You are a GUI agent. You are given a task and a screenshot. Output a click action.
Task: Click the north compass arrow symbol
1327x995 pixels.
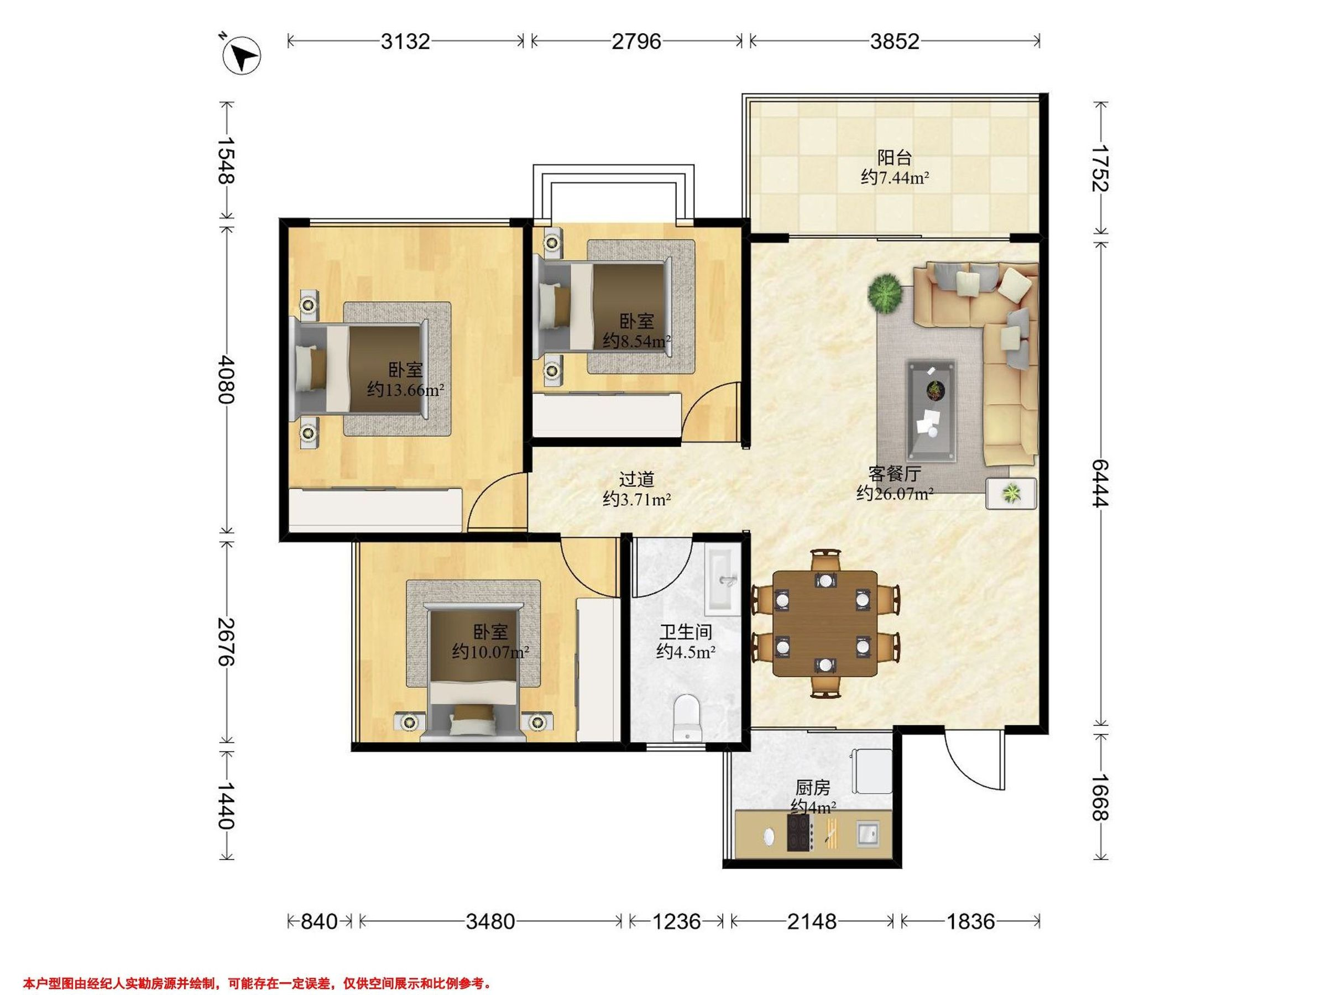click(x=241, y=56)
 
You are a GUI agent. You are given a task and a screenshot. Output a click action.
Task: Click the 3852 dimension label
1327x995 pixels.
click(x=895, y=41)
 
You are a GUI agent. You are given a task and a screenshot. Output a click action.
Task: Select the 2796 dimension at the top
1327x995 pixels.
click(x=636, y=41)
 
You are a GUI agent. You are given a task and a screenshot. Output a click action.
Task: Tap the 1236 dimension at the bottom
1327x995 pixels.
click(x=677, y=920)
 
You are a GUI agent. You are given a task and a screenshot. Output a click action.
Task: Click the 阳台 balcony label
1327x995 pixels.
click(x=895, y=158)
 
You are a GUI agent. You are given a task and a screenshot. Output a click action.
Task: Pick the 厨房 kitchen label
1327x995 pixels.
click(x=813, y=786)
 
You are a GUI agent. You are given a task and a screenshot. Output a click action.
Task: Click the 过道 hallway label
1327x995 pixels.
click(x=636, y=479)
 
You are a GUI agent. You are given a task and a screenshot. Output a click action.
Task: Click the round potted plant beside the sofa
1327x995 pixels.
click(x=885, y=292)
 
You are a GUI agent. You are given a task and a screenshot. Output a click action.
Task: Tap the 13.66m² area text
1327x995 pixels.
click(x=405, y=390)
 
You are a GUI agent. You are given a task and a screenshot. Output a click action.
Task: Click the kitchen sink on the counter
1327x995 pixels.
click(x=868, y=833)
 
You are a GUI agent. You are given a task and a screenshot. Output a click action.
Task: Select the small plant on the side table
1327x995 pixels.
click(x=1012, y=494)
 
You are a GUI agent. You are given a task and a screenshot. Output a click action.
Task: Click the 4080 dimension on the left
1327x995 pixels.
click(x=226, y=379)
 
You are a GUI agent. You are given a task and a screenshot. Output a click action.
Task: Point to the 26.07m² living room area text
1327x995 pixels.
click(x=895, y=494)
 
